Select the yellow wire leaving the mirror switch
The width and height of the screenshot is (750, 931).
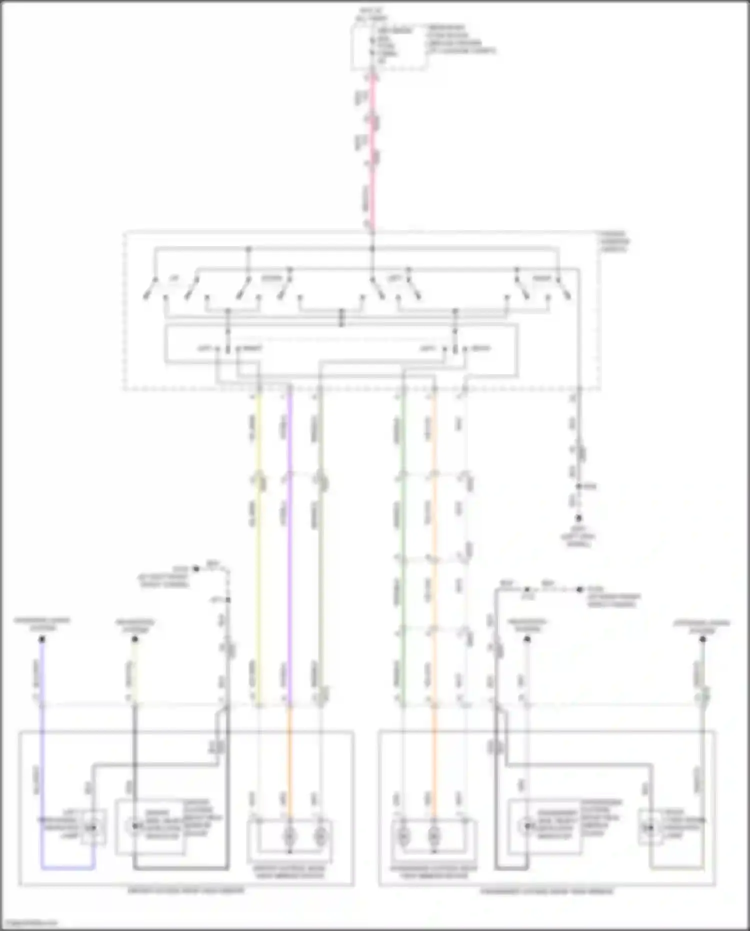(x=258, y=550)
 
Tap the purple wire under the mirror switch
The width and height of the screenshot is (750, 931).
(x=289, y=550)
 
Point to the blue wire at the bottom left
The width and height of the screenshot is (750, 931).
(x=42, y=750)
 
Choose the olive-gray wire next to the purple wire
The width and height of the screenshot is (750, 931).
(x=320, y=550)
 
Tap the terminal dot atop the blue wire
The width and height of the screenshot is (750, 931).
(x=42, y=639)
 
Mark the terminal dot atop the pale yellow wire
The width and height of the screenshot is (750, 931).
(x=134, y=639)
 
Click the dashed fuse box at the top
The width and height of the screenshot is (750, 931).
(x=390, y=48)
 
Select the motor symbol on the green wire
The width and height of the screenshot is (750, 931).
(x=403, y=834)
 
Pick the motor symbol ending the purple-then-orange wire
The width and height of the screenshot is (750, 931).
(x=289, y=834)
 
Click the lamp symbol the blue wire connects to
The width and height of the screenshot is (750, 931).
(x=92, y=828)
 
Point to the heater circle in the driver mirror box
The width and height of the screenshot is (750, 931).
(x=134, y=826)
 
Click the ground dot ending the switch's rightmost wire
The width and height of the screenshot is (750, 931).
(x=579, y=518)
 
